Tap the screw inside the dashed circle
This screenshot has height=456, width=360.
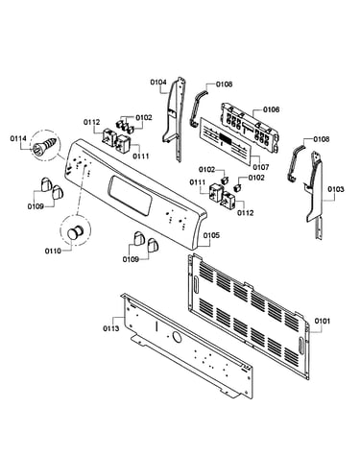point(46,145)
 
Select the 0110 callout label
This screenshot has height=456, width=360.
point(53,252)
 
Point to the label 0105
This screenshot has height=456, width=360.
point(211,235)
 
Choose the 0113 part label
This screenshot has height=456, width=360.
point(110,328)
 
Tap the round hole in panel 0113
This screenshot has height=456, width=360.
point(177,336)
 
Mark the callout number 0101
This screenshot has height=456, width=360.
point(322,321)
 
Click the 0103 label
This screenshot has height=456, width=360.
point(336,189)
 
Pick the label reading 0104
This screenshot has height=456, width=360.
point(158,83)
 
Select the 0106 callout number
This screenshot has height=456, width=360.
point(272,109)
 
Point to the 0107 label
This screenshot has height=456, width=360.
point(261,167)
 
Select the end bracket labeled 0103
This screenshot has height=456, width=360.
point(315,192)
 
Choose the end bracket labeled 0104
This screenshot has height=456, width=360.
point(174,118)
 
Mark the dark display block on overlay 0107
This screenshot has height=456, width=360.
point(224,139)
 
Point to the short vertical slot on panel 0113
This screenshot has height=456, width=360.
point(156,327)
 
